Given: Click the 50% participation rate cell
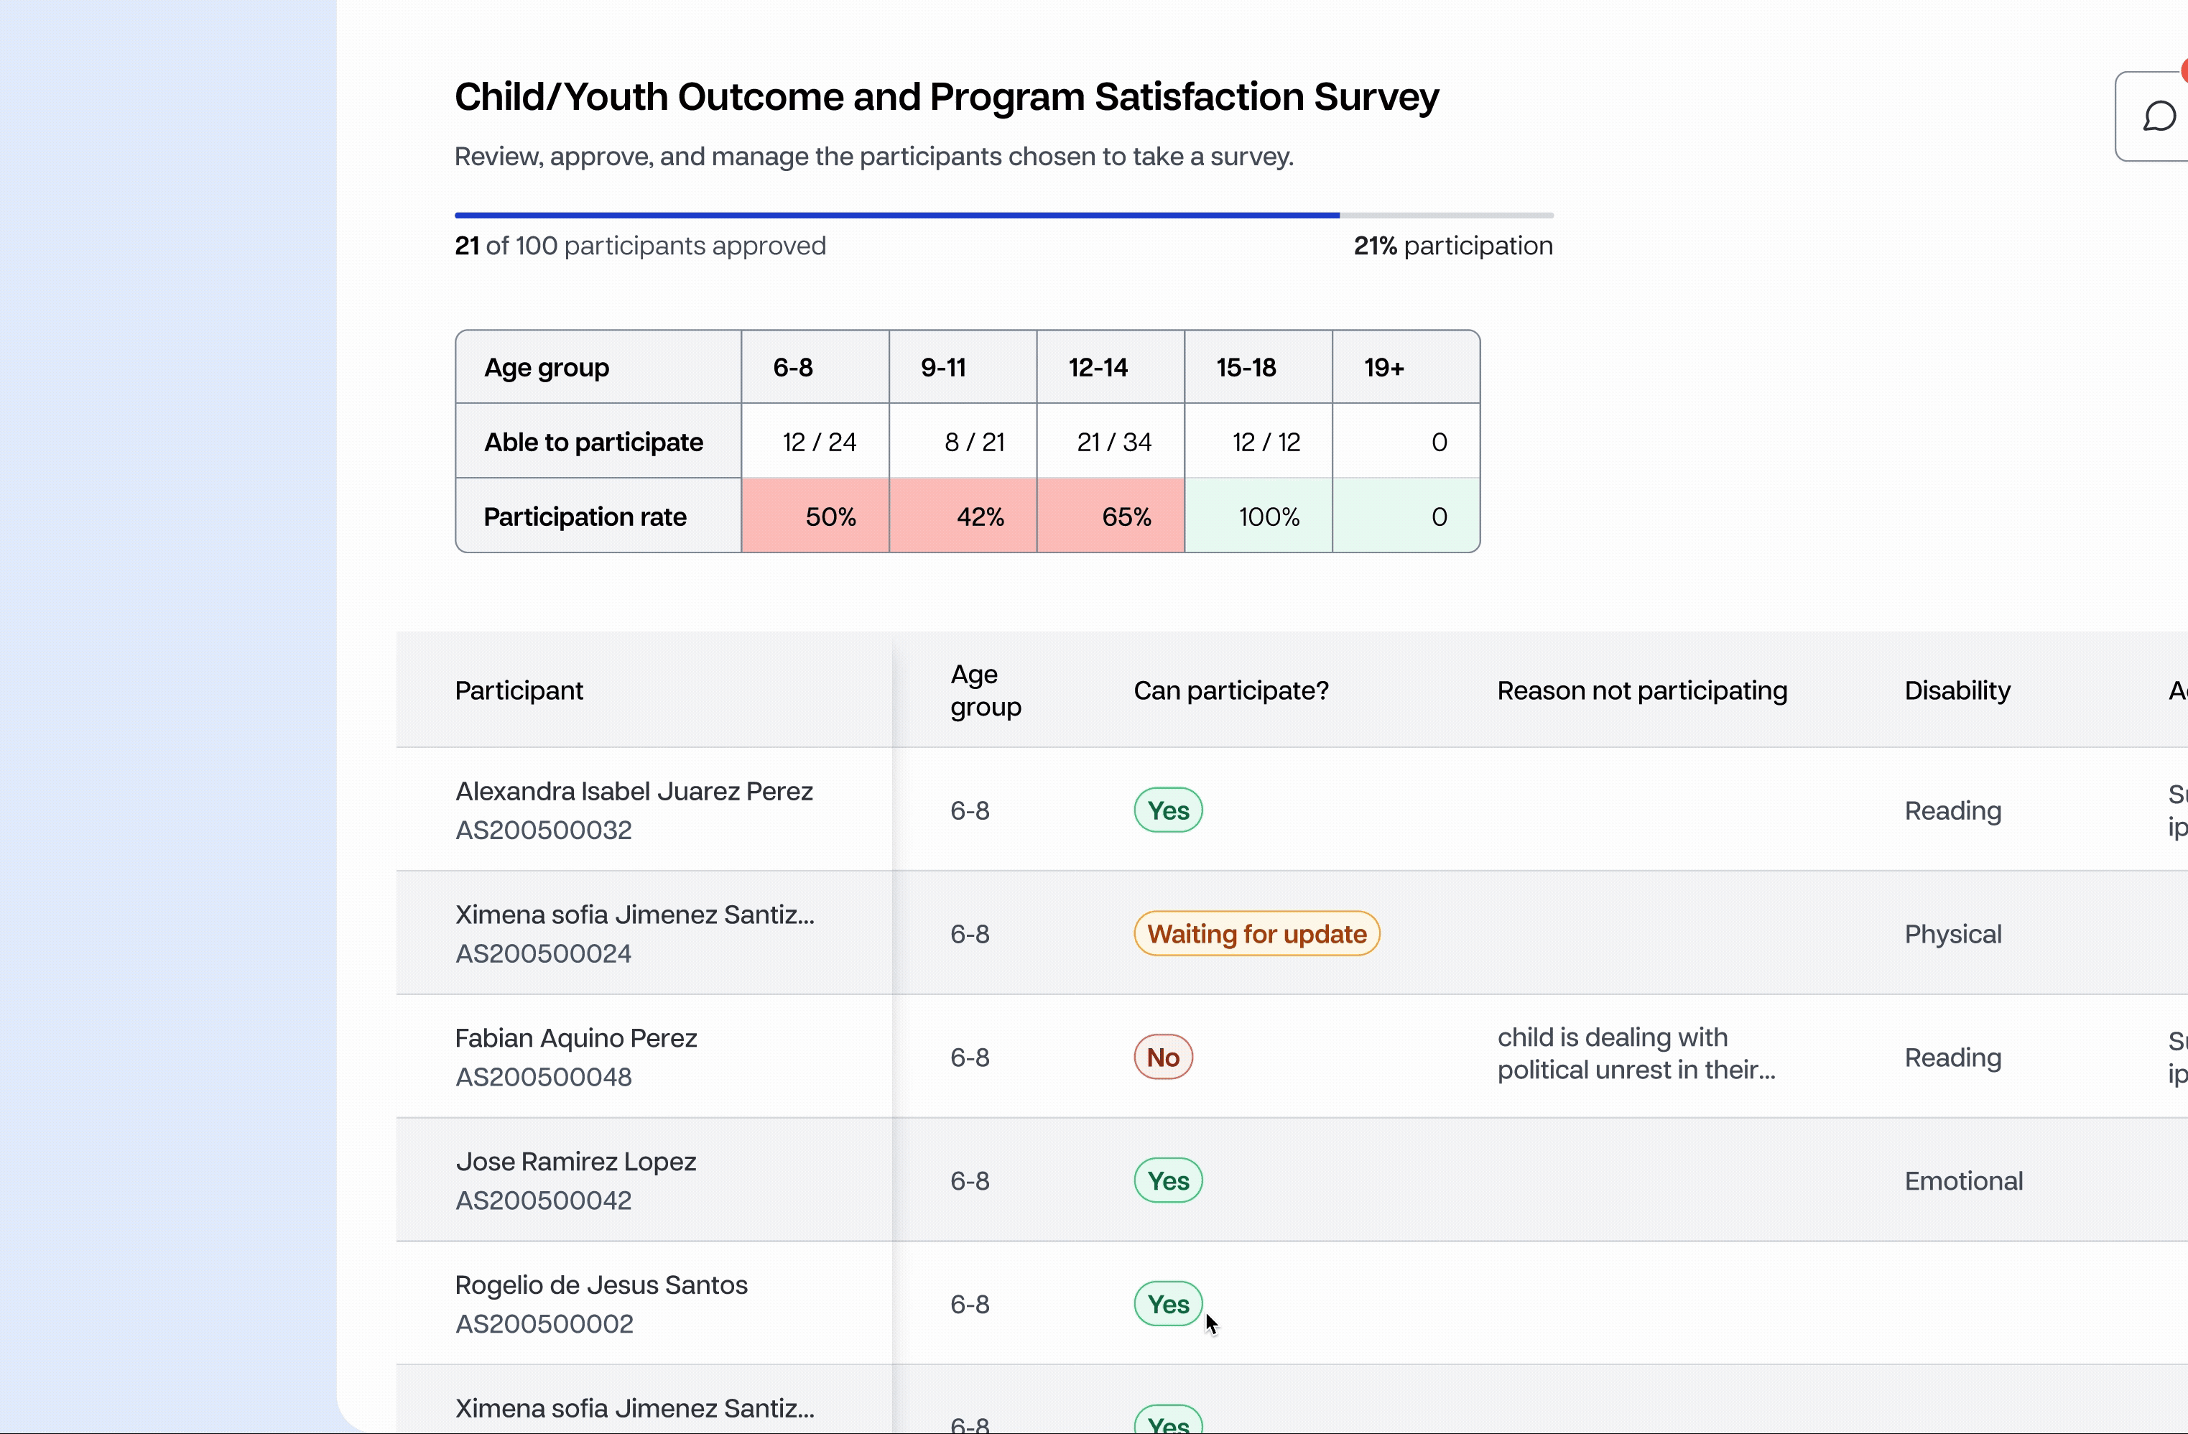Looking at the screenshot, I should pyautogui.click(x=815, y=516).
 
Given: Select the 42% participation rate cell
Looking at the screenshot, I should pyautogui.click(x=963, y=516).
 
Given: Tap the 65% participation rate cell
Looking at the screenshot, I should pyautogui.click(x=1111, y=516).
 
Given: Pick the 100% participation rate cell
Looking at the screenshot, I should pyautogui.click(x=1258, y=516).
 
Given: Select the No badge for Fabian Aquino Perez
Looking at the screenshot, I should pyautogui.click(x=1163, y=1057).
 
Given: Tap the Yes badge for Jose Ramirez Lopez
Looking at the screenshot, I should pyautogui.click(x=1167, y=1180).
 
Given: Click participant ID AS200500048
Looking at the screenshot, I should pyautogui.click(x=543, y=1076).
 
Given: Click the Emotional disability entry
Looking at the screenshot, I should pyautogui.click(x=1962, y=1180).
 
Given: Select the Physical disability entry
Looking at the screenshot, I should pyautogui.click(x=1952, y=934).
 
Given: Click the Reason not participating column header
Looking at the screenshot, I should pyautogui.click(x=1642, y=690).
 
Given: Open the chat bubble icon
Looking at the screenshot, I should pyautogui.click(x=2159, y=116).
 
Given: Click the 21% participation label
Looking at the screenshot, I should pyautogui.click(x=1452, y=246).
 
